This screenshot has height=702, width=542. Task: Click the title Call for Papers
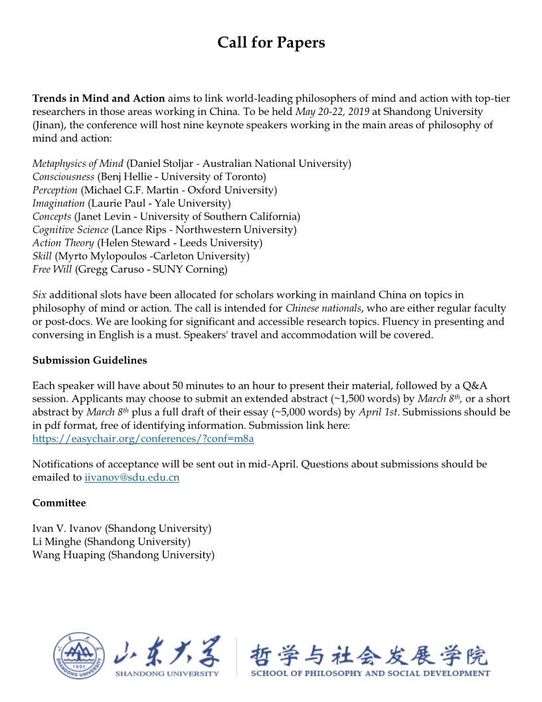click(271, 43)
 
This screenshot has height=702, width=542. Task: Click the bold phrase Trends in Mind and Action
click(98, 98)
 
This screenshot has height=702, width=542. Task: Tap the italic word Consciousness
click(63, 177)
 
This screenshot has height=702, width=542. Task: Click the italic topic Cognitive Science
click(70, 230)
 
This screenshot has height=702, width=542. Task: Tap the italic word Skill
click(43, 257)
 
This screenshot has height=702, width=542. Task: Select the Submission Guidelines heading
click(90, 360)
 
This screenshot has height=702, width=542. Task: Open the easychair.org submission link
click(143, 439)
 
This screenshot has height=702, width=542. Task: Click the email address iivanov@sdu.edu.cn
click(132, 477)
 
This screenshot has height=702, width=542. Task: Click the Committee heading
click(59, 503)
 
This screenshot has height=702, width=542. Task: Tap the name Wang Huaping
click(68, 555)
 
